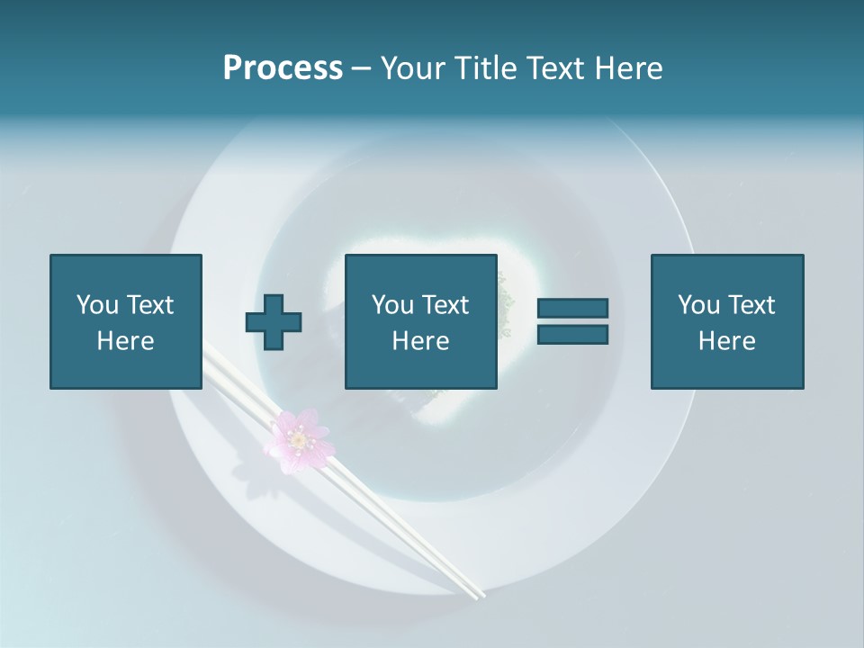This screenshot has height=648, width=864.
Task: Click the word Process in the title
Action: point(283,68)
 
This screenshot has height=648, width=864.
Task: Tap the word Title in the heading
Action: point(485,68)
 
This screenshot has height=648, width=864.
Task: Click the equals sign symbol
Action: point(572,321)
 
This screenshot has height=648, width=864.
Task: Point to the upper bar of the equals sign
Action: point(572,309)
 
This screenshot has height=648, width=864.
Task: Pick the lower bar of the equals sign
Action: point(572,334)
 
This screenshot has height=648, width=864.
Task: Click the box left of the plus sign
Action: point(125,321)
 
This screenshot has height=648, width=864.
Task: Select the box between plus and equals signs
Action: point(420,321)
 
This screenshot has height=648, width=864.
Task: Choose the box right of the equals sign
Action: point(726,321)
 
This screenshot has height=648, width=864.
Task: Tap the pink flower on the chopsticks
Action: point(298,440)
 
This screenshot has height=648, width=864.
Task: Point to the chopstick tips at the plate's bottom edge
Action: point(475,593)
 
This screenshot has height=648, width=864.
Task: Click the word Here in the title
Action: point(629,68)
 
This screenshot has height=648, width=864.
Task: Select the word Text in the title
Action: point(560,68)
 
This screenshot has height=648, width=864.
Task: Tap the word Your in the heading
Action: point(412,68)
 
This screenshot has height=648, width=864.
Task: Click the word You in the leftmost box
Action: point(96,305)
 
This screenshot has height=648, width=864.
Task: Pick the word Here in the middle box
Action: point(420,340)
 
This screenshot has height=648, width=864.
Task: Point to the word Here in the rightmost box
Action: point(726,340)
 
